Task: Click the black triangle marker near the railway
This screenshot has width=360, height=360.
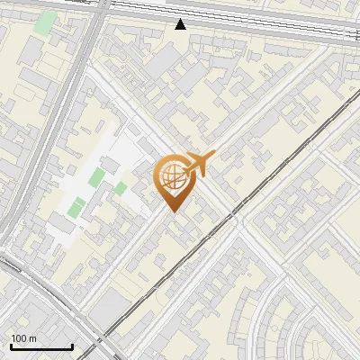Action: pos(180,24)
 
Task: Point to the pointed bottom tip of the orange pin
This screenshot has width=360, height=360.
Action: pos(171,212)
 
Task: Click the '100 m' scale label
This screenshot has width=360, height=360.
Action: pos(24,338)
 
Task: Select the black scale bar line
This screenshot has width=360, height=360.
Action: pos(41,347)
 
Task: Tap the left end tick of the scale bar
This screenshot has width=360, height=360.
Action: pos(11,346)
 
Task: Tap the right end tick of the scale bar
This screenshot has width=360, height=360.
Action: pos(72,346)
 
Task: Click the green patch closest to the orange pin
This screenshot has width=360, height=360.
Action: pos(120,188)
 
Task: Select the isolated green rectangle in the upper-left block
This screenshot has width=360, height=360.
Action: pos(44,22)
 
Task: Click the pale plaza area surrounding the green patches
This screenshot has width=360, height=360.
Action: pos(85,193)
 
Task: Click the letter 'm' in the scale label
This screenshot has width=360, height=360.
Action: pos(33,338)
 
